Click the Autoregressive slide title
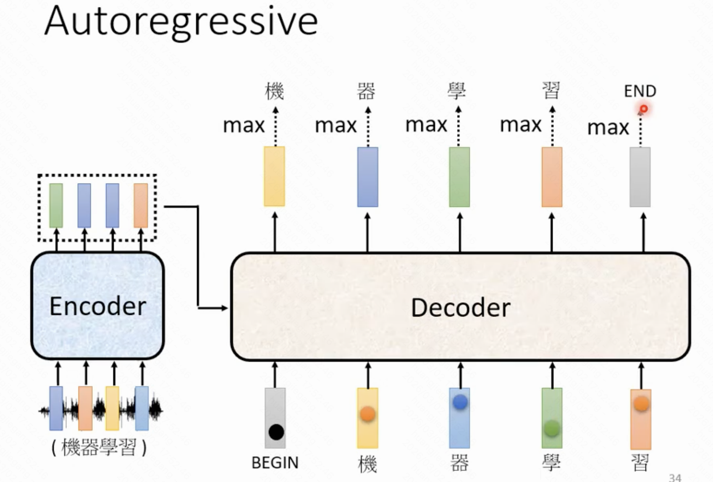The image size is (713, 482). click(x=181, y=22)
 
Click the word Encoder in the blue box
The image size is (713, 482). click(x=98, y=306)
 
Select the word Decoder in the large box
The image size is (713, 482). click(x=461, y=308)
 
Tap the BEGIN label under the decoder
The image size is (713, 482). click(x=275, y=463)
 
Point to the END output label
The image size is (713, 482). click(x=640, y=91)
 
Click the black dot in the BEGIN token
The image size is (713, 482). click(x=276, y=432)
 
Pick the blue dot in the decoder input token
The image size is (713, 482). click(x=460, y=402)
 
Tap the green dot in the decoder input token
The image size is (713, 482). click(x=552, y=429)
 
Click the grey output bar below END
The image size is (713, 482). click(x=640, y=177)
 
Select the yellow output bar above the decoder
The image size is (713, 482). click(x=274, y=176)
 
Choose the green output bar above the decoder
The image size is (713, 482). click(x=459, y=177)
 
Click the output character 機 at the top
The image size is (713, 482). click(x=275, y=91)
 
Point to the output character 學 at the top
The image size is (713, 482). click(x=457, y=91)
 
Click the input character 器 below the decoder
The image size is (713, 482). click(x=459, y=464)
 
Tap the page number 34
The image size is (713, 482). click(x=675, y=477)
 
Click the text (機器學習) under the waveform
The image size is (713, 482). click(x=99, y=448)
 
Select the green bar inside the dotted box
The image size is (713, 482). click(x=56, y=205)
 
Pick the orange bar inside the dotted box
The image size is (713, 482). click(x=141, y=205)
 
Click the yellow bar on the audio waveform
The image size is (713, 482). click(x=112, y=409)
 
